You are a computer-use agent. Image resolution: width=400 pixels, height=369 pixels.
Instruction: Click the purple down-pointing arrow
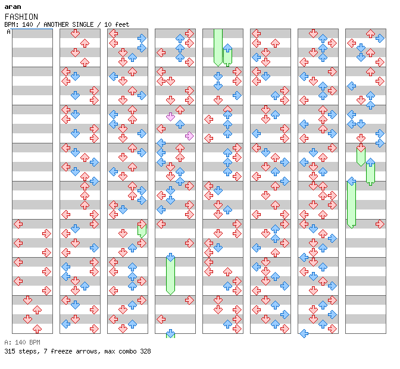(170, 117)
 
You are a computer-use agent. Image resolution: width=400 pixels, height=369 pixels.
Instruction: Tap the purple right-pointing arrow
(189, 136)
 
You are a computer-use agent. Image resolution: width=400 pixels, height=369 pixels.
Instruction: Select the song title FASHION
(21, 17)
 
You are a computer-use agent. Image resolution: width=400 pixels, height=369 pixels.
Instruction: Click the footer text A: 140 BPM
(22, 342)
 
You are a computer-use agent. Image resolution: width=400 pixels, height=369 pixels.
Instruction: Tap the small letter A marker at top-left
(8, 32)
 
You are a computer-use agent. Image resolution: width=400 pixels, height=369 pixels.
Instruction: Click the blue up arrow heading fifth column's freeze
(227, 52)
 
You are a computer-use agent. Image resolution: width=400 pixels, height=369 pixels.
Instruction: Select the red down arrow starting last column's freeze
(361, 148)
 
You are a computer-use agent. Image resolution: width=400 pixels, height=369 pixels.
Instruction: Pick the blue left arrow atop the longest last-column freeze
(351, 181)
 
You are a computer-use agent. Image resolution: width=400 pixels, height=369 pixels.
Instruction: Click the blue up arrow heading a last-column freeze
(370, 162)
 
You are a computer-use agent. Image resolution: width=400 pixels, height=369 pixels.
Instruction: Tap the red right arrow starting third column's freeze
(142, 224)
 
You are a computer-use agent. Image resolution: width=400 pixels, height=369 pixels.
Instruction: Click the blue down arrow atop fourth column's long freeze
(170, 257)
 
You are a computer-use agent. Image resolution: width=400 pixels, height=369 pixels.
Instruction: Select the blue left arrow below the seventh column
(304, 333)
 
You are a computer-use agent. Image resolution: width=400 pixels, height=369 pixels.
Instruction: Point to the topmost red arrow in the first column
(18, 224)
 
